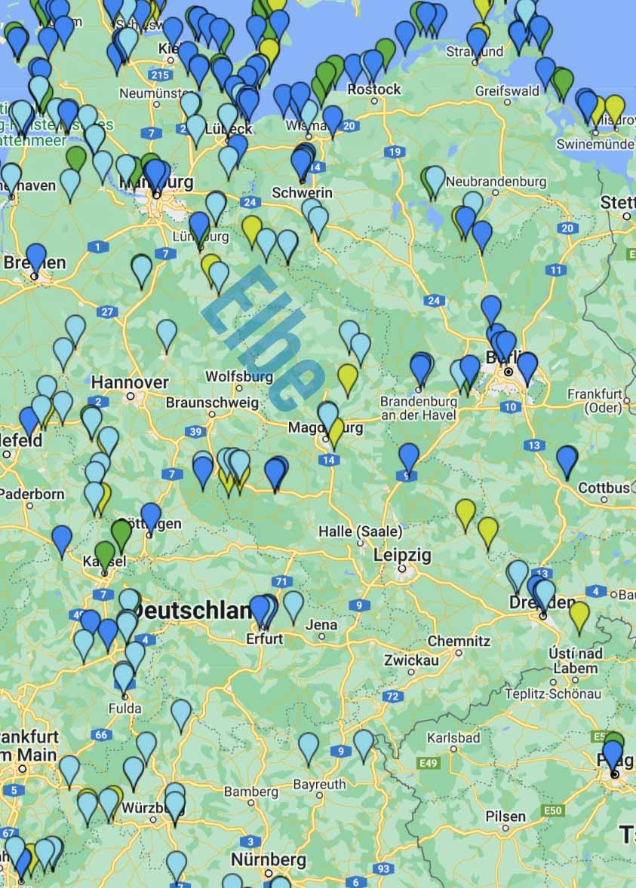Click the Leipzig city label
point(403,555)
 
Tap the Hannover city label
point(130,382)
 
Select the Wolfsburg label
point(239,375)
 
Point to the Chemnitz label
point(459,641)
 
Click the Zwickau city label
point(411,660)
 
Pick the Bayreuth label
point(319,784)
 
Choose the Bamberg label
point(251,792)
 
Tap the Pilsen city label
point(505,816)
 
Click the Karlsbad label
point(453,737)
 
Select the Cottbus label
point(604,488)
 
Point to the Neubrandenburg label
point(496,182)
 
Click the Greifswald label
point(508,90)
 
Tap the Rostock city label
point(374,90)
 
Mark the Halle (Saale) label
point(360,531)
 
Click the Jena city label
point(321,624)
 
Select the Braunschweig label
point(212,402)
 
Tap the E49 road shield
point(429,764)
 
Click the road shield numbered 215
point(160,75)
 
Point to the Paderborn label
point(32,494)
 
